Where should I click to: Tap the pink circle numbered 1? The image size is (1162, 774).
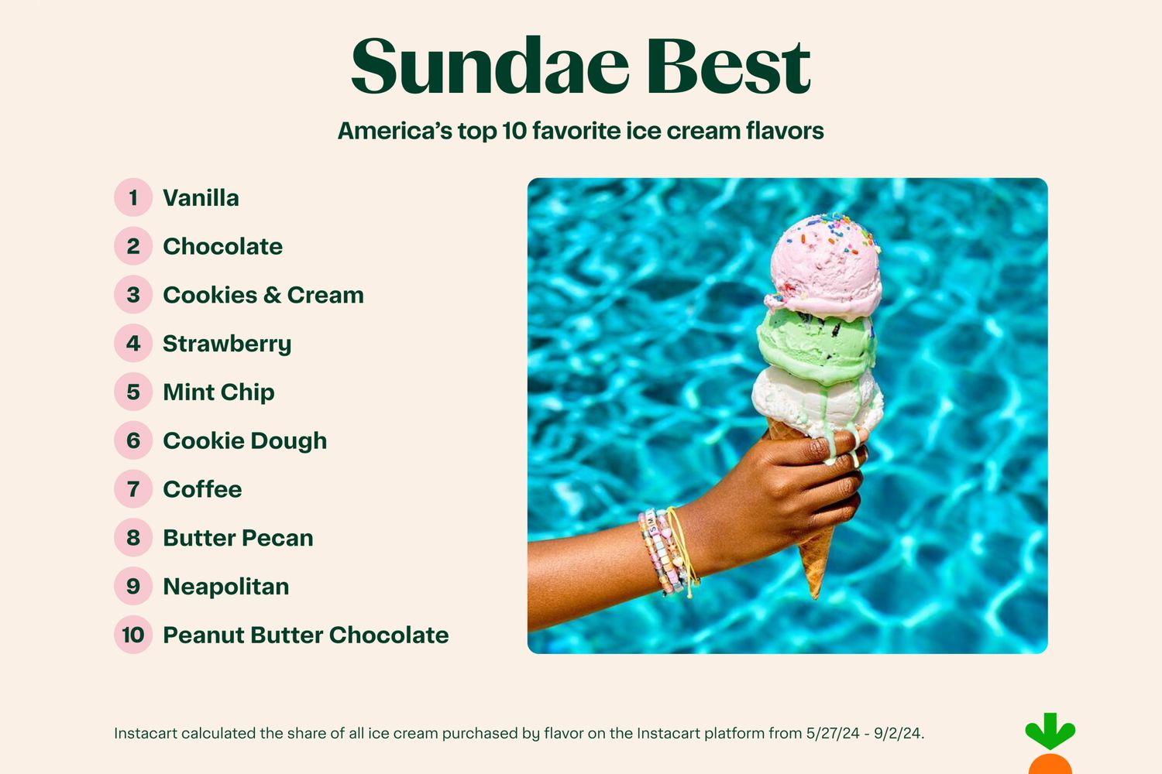pos(133,197)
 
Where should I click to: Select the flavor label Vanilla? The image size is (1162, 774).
pos(201,198)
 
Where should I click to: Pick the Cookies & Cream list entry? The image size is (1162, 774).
pos(263,295)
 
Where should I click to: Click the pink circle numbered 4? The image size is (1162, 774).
pos(133,343)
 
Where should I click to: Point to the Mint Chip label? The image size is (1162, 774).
pos(218,392)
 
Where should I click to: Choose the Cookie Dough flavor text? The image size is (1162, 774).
pos(245,441)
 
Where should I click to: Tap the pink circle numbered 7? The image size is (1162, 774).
pos(133,489)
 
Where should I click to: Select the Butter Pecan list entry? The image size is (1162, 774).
pos(238,538)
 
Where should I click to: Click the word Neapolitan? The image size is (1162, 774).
pos(226,587)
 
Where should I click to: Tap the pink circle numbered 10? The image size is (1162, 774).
pos(133,635)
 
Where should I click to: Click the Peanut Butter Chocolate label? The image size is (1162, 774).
pos(306,635)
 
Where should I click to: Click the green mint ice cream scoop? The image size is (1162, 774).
pos(816,348)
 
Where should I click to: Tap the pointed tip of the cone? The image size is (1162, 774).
pos(816,599)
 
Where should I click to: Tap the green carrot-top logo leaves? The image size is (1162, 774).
pos(1050,731)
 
